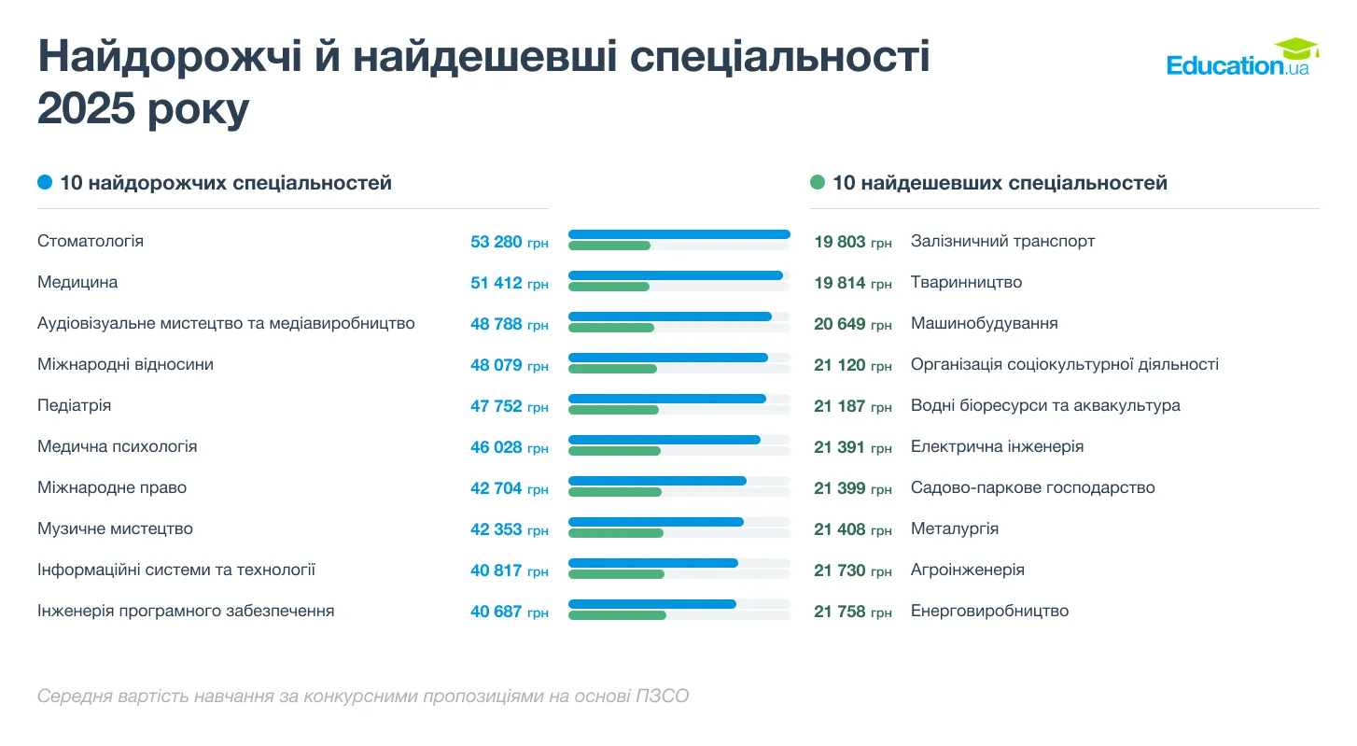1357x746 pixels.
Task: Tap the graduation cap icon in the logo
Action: (x=1296, y=48)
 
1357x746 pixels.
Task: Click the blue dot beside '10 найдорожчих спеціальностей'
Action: (x=45, y=183)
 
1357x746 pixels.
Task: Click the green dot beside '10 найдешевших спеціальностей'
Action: (x=818, y=183)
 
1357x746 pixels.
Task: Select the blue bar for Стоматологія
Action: (x=678, y=234)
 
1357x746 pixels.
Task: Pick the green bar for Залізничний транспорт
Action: (x=609, y=246)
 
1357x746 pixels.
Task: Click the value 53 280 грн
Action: (x=509, y=242)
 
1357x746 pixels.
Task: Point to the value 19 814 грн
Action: (x=852, y=283)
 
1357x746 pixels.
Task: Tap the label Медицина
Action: (x=77, y=282)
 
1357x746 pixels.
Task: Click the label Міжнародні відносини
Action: (x=125, y=364)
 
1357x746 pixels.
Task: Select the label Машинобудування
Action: (x=984, y=323)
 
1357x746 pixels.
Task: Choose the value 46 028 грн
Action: (x=509, y=447)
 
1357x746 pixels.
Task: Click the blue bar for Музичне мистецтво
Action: (x=655, y=522)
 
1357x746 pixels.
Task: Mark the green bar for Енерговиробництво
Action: (x=617, y=615)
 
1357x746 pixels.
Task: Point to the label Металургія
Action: (x=954, y=528)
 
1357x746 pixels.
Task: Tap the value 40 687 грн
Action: (x=509, y=612)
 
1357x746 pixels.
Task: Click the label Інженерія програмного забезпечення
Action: (x=186, y=611)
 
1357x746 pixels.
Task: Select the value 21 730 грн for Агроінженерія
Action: (x=852, y=570)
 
